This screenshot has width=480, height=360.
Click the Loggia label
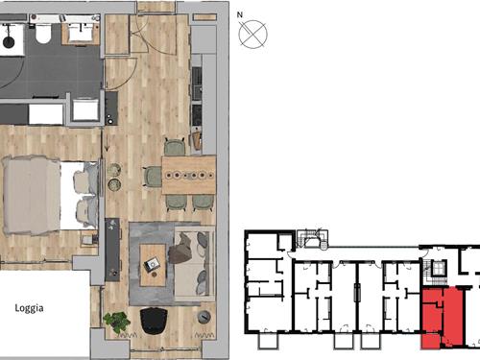(29, 308)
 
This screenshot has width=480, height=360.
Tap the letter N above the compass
(240, 14)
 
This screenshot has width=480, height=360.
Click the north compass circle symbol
(252, 35)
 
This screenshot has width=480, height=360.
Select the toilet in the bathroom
(43, 33)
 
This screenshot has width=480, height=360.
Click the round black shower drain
(9, 42)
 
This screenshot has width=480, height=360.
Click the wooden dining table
(189, 175)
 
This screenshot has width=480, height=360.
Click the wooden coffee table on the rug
(153, 265)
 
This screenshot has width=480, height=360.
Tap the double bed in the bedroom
(50, 196)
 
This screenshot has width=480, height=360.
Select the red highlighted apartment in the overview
(442, 318)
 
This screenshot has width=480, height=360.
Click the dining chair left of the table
(153, 176)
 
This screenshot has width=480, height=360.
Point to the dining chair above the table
(175, 147)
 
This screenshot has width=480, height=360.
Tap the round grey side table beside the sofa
(204, 317)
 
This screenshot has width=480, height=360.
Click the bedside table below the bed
(89, 240)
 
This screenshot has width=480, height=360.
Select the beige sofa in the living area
(194, 264)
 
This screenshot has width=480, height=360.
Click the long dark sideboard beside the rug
(112, 250)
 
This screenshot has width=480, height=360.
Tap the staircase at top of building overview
(312, 239)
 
